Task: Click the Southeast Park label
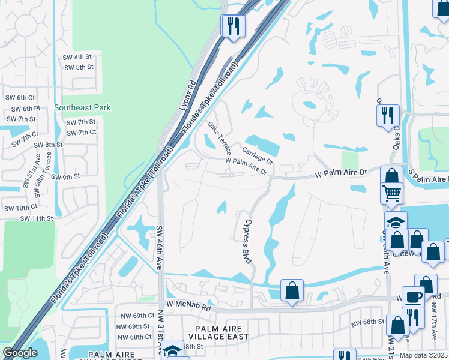click(x=82, y=108)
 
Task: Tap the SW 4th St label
click(x=78, y=56)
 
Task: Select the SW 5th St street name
click(x=78, y=67)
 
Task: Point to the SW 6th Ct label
click(x=26, y=97)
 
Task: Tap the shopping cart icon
click(x=391, y=193)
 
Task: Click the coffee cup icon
click(x=412, y=297)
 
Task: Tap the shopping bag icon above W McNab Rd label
click(x=292, y=290)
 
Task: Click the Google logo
click(x=20, y=353)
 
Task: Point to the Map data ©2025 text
click(x=423, y=356)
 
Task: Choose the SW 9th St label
click(x=65, y=177)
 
